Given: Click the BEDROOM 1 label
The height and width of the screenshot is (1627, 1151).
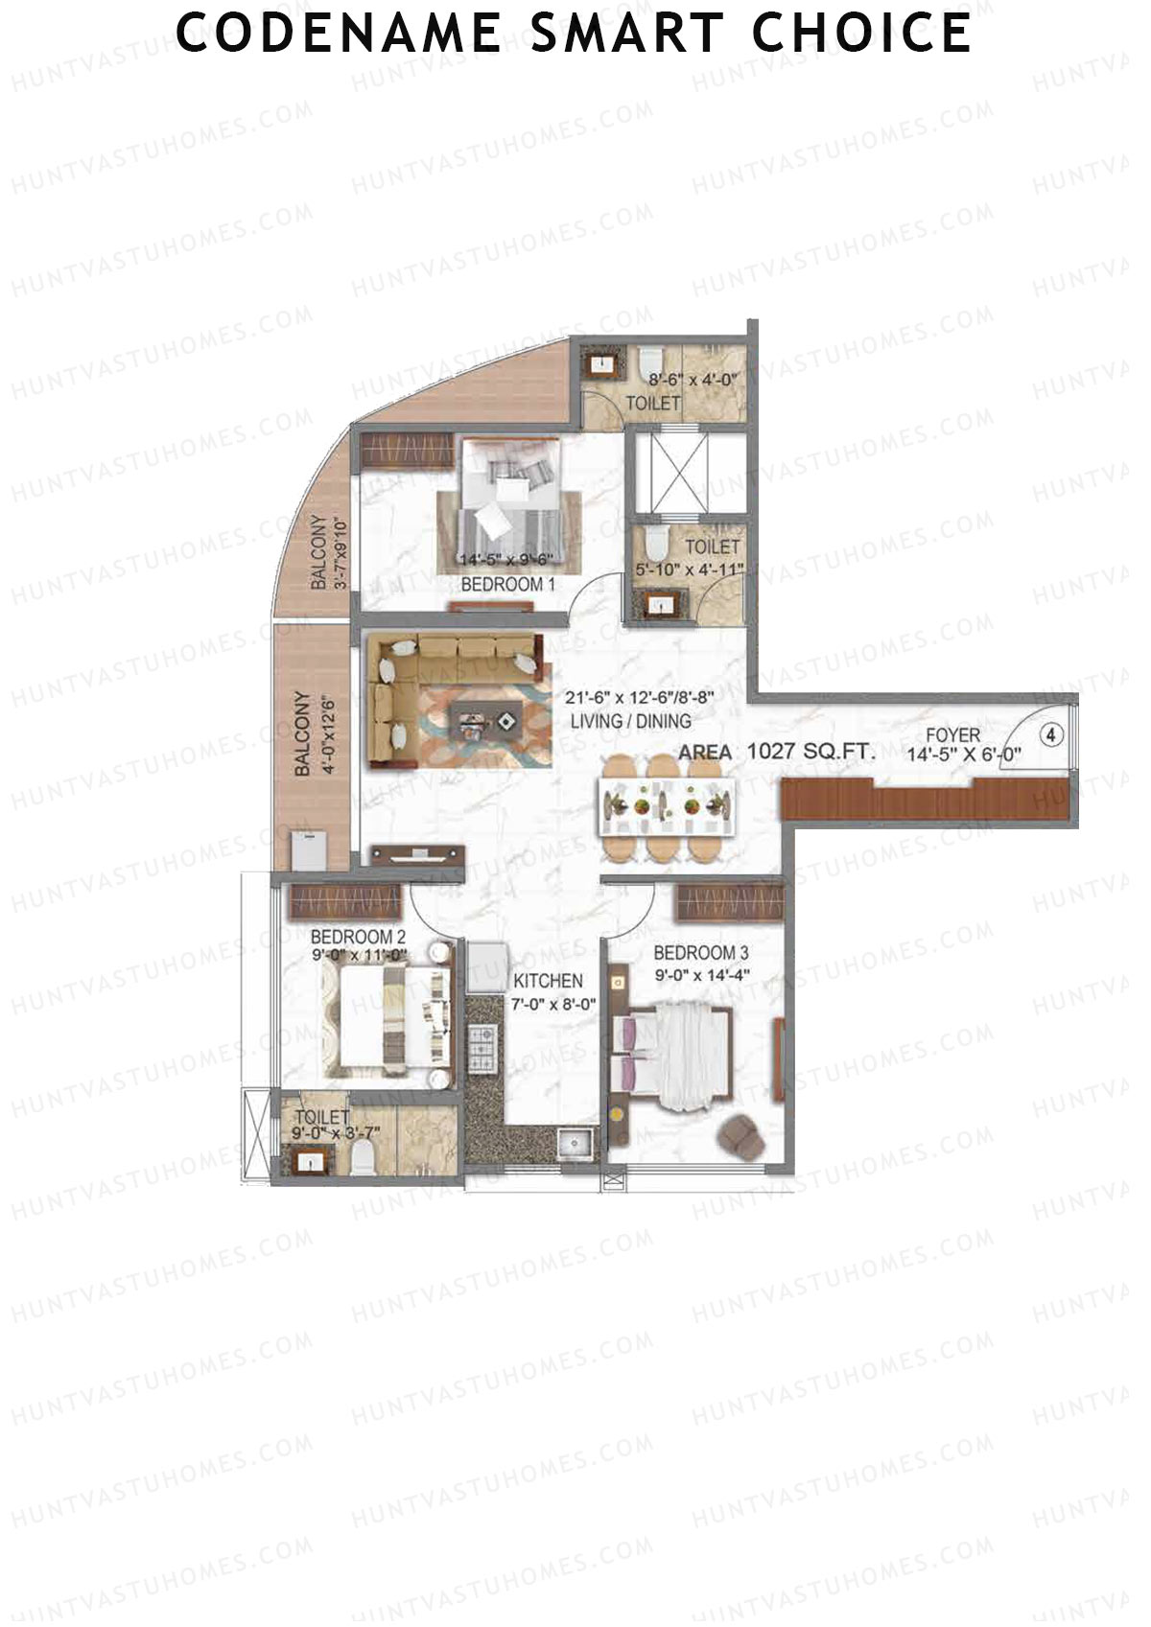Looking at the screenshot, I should pyautogui.click(x=508, y=584).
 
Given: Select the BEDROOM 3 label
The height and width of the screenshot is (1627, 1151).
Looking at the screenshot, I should pyautogui.click(x=701, y=953).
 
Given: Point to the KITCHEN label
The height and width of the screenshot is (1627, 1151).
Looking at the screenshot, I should pyautogui.click(x=548, y=981).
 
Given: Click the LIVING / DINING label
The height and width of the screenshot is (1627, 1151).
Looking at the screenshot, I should pyautogui.click(x=630, y=721).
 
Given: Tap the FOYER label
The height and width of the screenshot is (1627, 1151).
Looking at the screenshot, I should pyautogui.click(x=952, y=736).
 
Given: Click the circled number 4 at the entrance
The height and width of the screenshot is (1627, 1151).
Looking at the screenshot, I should pyautogui.click(x=1052, y=735).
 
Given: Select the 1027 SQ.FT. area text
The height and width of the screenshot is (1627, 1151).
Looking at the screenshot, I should pyautogui.click(x=811, y=752).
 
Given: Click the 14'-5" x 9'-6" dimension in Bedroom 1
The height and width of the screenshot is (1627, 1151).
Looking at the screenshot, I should pyautogui.click(x=505, y=561).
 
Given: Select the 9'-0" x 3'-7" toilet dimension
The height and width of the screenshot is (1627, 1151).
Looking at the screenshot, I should pyautogui.click(x=337, y=1133).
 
